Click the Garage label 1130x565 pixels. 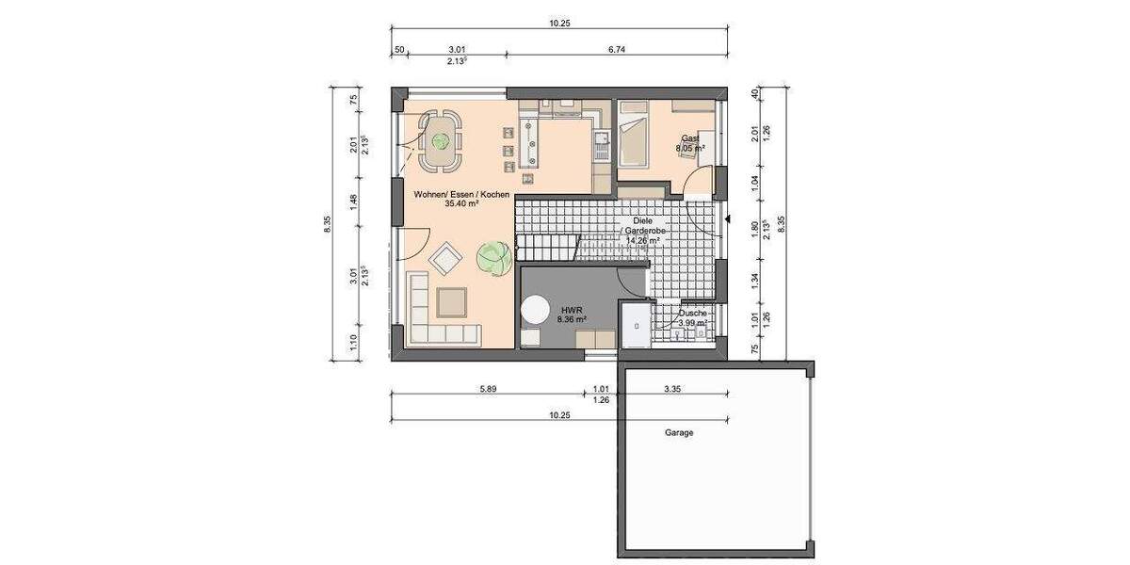(x=678, y=433)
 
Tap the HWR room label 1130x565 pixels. (x=572, y=309)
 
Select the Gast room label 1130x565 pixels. (x=691, y=137)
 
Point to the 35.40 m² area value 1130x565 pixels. (x=461, y=203)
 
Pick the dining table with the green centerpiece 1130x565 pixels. (x=439, y=142)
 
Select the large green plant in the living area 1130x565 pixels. (x=492, y=255)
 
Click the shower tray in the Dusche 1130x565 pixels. (x=636, y=325)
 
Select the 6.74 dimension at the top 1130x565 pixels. (x=618, y=50)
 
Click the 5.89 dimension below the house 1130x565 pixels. (x=487, y=388)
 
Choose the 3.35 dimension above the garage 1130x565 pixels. (x=672, y=388)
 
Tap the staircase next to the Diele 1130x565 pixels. (x=546, y=245)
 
